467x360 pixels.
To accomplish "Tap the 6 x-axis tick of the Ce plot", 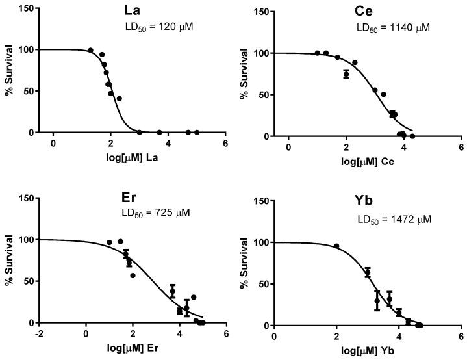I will tap(461, 147).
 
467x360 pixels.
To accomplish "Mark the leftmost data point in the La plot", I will tap(90, 50).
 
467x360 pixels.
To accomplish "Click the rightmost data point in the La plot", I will tap(197, 132).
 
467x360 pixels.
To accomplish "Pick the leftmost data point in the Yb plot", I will tap(336, 246).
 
